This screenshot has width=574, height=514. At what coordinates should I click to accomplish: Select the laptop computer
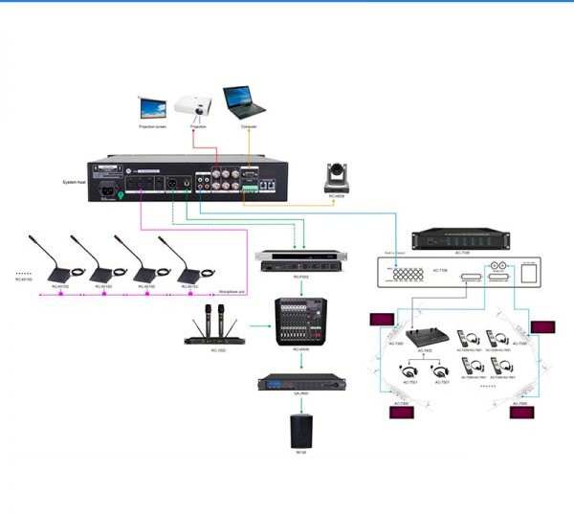[244, 101]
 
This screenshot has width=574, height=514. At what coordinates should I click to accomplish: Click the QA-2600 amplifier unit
[299, 384]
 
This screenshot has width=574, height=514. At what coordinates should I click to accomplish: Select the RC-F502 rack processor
[295, 259]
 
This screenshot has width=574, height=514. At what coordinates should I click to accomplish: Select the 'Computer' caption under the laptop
[249, 126]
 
